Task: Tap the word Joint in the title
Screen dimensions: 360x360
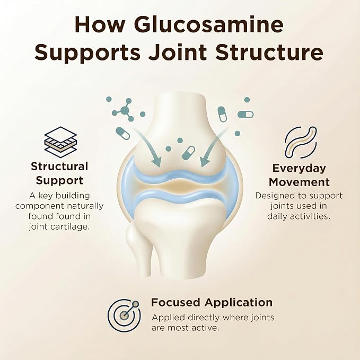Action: pos(177,52)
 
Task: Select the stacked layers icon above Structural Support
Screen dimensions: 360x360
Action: pos(60,142)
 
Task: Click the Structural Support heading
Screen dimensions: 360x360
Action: pos(59,173)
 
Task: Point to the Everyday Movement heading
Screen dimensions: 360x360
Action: pos(299,175)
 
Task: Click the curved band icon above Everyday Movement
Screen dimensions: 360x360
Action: pos(301,142)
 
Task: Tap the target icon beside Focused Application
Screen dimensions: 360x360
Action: pos(125,315)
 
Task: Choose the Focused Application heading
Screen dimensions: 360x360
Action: pos(212,302)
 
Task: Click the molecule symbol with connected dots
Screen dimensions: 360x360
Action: pos(124,110)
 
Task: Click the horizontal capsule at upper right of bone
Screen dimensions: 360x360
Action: pos(245,115)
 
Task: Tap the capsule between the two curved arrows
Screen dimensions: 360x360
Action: pos(189,153)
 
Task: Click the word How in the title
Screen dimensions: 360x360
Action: pos(100,25)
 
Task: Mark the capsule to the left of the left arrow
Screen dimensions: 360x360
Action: pos(122,133)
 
